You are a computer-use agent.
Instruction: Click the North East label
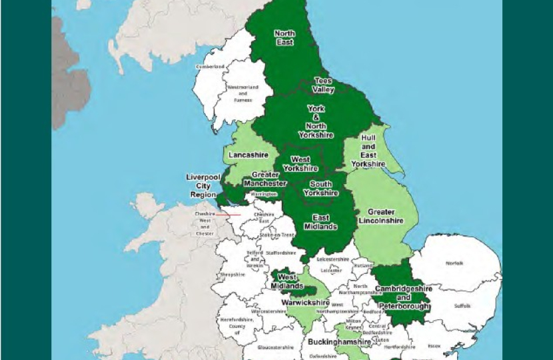tap(285, 37)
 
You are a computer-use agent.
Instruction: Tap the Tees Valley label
tap(324, 85)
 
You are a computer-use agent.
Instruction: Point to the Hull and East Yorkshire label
tap(368, 151)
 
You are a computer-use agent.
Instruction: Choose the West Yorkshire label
tap(300, 164)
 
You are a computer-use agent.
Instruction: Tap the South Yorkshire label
tap(320, 188)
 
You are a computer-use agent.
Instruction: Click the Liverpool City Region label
tap(203, 186)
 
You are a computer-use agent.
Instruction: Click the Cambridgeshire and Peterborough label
tap(403, 297)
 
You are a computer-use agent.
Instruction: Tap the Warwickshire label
tap(300, 301)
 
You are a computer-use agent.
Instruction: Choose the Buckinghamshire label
tap(339, 342)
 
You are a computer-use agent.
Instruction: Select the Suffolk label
tap(462, 307)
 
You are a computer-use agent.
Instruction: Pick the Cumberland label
tap(209, 67)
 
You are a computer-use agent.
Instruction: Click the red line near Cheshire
tap(228, 215)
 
